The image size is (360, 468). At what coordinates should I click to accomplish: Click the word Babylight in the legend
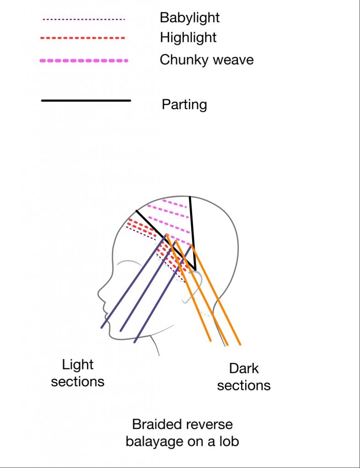(189, 18)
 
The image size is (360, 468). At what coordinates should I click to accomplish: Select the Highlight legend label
(188, 37)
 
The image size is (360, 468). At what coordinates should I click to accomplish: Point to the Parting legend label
(184, 105)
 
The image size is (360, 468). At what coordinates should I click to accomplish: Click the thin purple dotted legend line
(83, 20)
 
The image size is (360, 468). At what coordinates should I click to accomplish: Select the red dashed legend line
(83, 38)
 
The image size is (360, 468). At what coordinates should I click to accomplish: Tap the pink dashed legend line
(84, 60)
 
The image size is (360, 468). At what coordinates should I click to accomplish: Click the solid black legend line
(86, 101)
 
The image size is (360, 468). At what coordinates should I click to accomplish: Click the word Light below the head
(77, 365)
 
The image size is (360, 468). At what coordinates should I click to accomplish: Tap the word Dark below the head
(244, 368)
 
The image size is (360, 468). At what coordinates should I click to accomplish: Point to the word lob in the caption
(229, 441)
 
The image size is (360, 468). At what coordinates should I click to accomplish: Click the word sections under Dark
(244, 385)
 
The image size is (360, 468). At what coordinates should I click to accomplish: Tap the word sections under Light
(77, 382)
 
